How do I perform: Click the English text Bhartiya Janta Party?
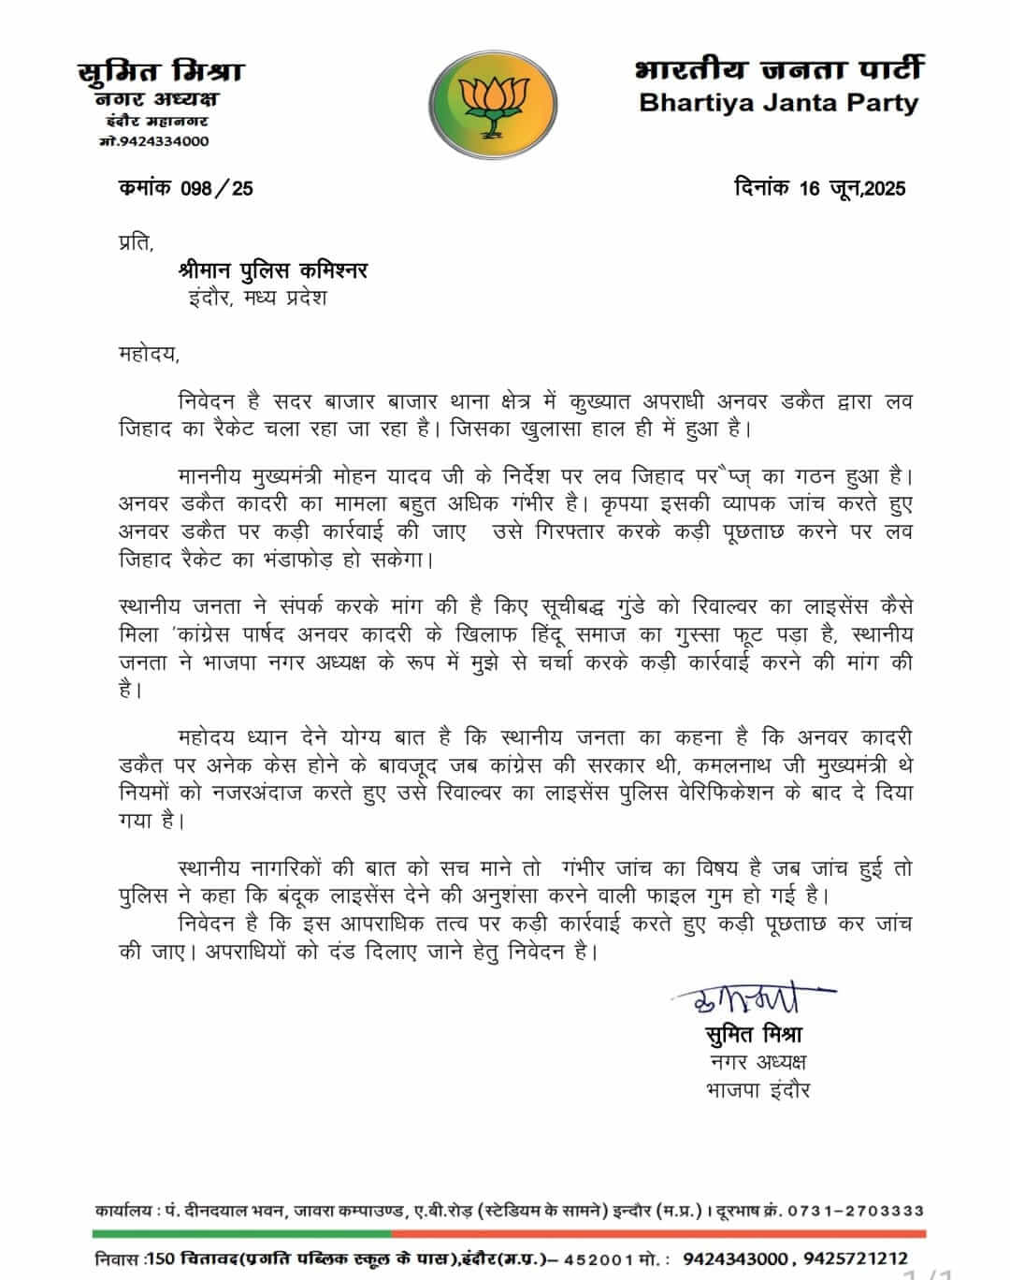click(x=778, y=103)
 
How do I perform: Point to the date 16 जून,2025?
click(x=852, y=188)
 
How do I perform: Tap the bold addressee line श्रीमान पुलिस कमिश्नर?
click(x=272, y=270)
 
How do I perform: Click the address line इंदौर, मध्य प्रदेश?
click(x=257, y=299)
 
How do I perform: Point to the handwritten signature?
click(x=748, y=999)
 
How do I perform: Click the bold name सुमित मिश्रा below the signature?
click(x=754, y=1035)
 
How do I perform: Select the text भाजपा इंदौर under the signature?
click(x=757, y=1090)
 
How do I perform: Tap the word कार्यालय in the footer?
click(x=123, y=1211)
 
